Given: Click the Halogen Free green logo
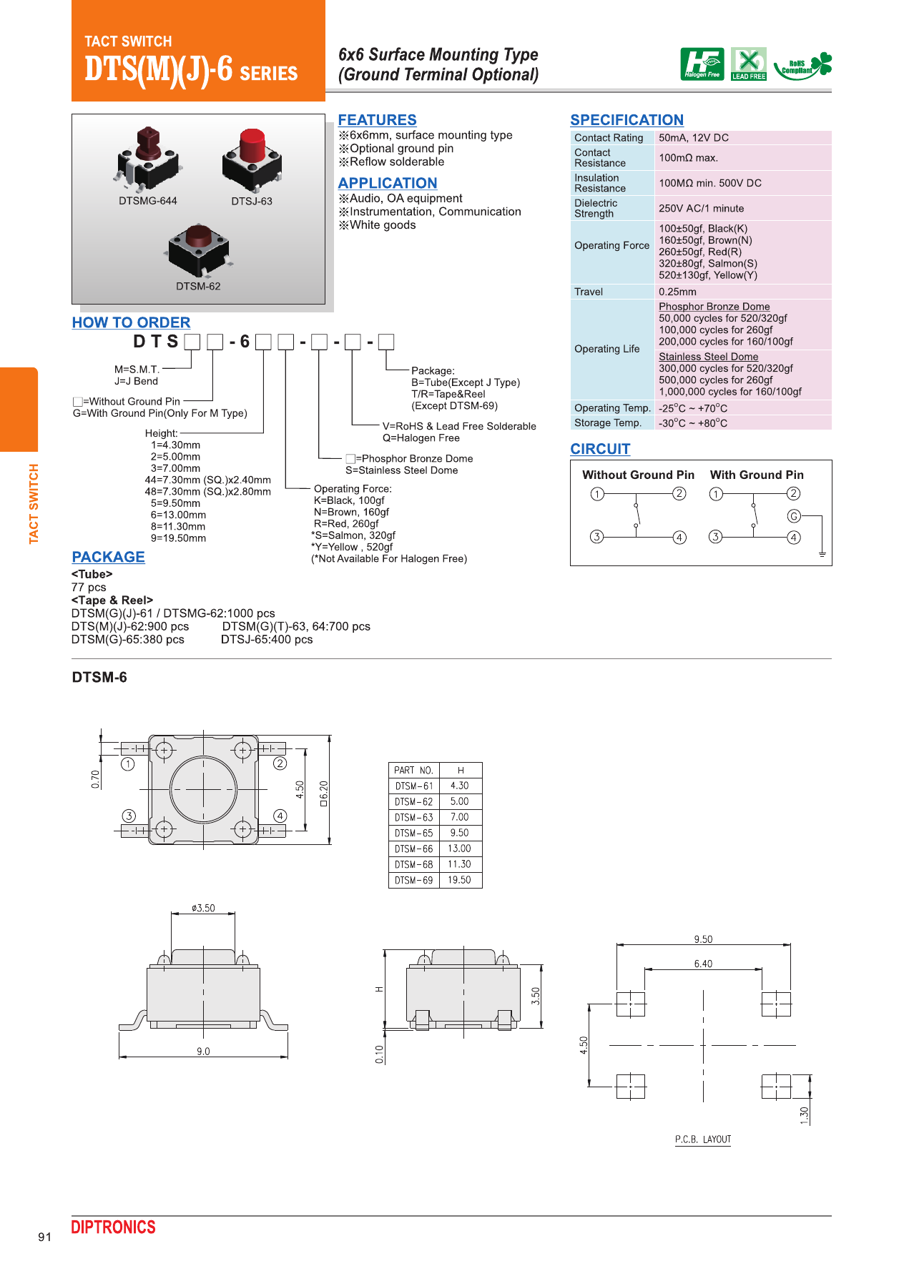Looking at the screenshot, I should coord(702,64).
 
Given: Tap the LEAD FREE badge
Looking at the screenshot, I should coord(748,64).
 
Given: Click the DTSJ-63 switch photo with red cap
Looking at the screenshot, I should coord(251,158).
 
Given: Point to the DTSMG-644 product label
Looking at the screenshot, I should coord(148,201).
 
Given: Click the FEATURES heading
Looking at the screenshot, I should coord(377,120).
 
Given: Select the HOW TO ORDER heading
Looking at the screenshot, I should coord(131,322).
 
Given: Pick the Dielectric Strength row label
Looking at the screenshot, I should coord(596,208).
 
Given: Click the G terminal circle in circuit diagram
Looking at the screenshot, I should coord(793,516).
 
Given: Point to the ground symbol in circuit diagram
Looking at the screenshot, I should coord(822,554).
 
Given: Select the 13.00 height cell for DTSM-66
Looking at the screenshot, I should coord(459,849).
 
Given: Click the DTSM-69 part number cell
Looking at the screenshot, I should coord(413,881).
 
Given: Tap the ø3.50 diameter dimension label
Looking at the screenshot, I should coord(203,908).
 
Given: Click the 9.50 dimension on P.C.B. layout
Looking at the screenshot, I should coord(703,939).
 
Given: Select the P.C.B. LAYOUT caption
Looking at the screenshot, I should coord(702,1139).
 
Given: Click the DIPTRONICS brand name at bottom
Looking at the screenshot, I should coord(113,1227).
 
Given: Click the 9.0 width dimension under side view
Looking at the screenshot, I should coord(203,1051).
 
